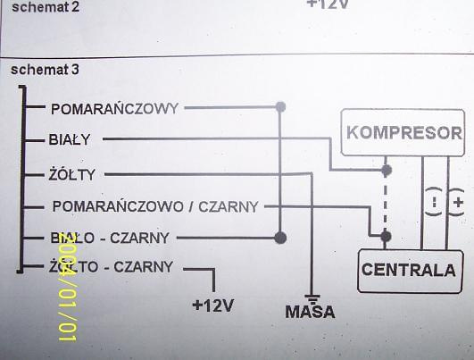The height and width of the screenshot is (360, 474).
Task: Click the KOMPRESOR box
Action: [x=403, y=132]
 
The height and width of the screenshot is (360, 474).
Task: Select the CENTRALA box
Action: [x=411, y=271]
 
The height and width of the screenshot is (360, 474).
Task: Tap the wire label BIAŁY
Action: [x=70, y=139]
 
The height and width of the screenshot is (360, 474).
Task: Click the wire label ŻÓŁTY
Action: [x=72, y=174]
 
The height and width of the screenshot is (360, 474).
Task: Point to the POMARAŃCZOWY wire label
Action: [x=114, y=109]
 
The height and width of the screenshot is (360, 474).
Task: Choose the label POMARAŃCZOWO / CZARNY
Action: [x=155, y=206]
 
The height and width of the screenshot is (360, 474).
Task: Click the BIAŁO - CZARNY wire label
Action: [x=110, y=238]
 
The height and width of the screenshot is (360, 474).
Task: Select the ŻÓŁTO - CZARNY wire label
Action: [x=111, y=267]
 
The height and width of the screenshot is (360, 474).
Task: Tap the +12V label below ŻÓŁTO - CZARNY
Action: [x=213, y=306]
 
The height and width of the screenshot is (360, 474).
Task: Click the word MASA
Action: [x=310, y=312]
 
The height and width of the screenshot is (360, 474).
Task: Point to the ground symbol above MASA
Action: [x=312, y=298]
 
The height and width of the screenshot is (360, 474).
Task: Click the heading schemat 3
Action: [x=45, y=70]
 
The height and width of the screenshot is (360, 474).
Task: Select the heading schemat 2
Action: [x=46, y=7]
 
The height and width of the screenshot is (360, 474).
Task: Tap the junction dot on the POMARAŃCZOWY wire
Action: [x=280, y=106]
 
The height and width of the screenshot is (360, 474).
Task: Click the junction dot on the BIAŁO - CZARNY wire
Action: [x=280, y=238]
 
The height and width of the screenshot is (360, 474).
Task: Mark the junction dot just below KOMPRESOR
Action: [x=386, y=171]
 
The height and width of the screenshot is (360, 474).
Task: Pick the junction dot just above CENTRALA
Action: [x=386, y=236]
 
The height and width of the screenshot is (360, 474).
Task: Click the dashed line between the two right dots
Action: [x=386, y=204]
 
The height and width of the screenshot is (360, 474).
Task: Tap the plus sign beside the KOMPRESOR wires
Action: [x=459, y=202]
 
